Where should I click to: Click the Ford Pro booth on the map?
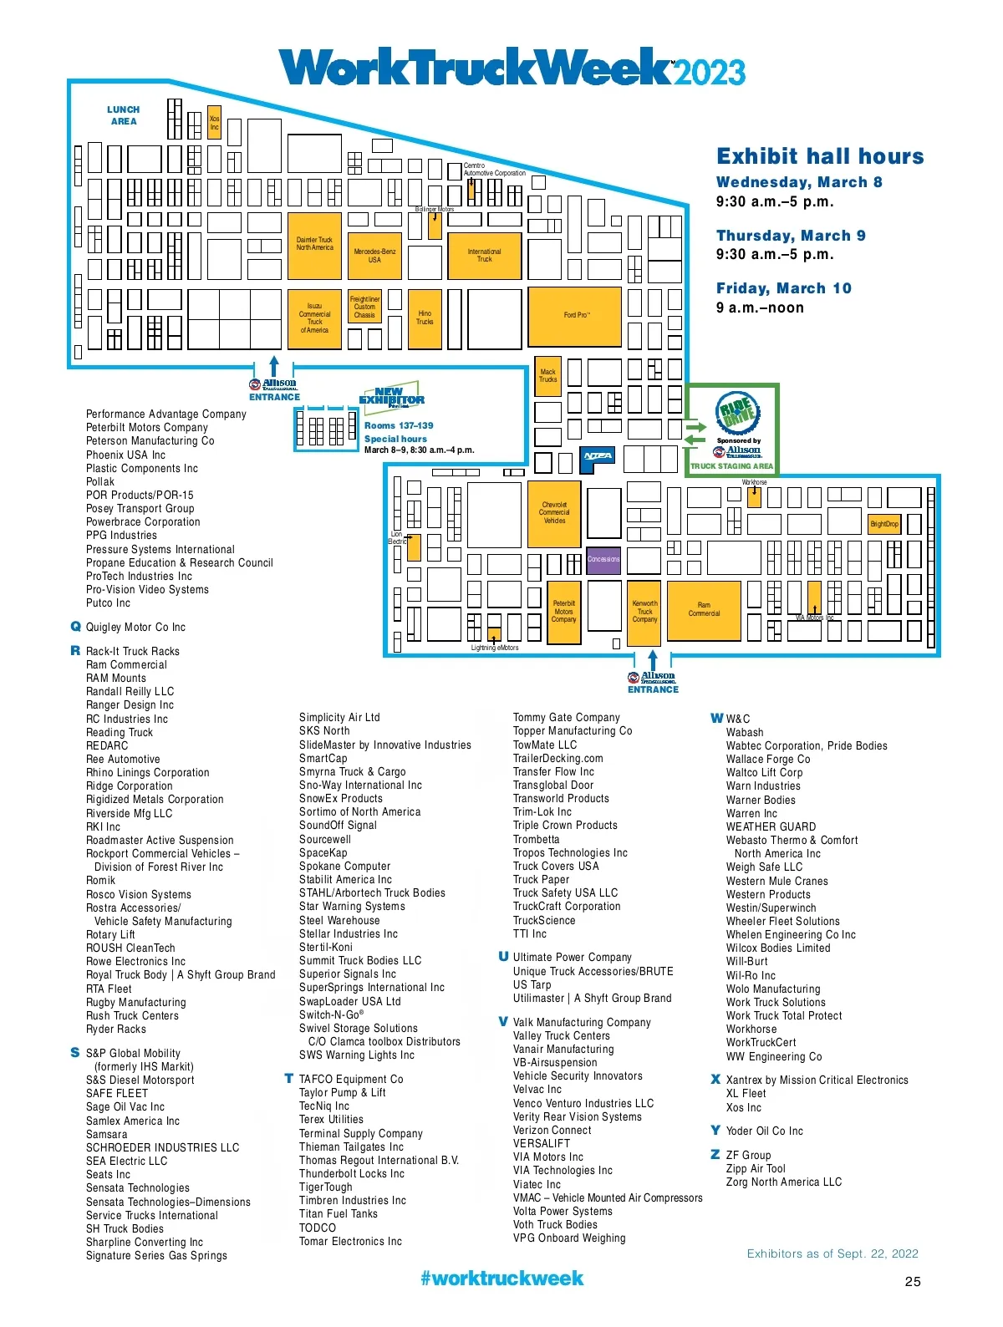tap(575, 317)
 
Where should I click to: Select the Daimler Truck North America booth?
tap(314, 245)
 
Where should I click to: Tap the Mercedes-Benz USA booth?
tap(374, 255)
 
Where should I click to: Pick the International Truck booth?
tap(484, 255)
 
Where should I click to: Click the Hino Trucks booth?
tap(425, 318)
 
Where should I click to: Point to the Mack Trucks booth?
tap(547, 376)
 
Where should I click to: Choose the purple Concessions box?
tap(603, 559)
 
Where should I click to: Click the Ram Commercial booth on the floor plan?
tap(704, 610)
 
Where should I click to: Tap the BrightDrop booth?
tap(884, 524)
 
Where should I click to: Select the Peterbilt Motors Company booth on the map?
tap(563, 612)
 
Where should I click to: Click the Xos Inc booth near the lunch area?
tap(214, 122)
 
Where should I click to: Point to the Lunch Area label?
tap(124, 115)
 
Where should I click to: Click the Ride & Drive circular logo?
tap(736, 412)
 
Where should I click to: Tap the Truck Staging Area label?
tap(731, 466)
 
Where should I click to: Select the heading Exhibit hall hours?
tap(819, 156)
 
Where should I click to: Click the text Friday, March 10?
tap(783, 288)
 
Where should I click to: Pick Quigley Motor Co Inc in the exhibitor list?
tap(135, 627)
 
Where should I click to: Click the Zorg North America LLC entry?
tap(783, 1182)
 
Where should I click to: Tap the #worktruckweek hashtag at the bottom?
tap(501, 1278)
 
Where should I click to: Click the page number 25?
tap(913, 1281)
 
